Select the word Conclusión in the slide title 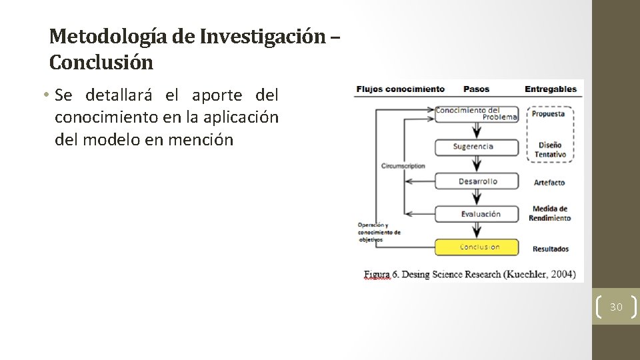click(101, 63)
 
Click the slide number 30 click(616, 307)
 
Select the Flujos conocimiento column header click(400, 89)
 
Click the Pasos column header click(476, 89)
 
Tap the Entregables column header click(551, 89)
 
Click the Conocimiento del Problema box click(477, 113)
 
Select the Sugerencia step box click(477, 147)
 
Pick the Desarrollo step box click(477, 181)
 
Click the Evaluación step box click(477, 214)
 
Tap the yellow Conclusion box click(477, 247)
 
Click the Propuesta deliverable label click(549, 113)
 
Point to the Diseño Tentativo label click(550, 149)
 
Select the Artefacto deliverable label click(549, 182)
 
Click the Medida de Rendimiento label click(551, 213)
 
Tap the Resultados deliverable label click(551, 249)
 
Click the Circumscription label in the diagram click(403, 166)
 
